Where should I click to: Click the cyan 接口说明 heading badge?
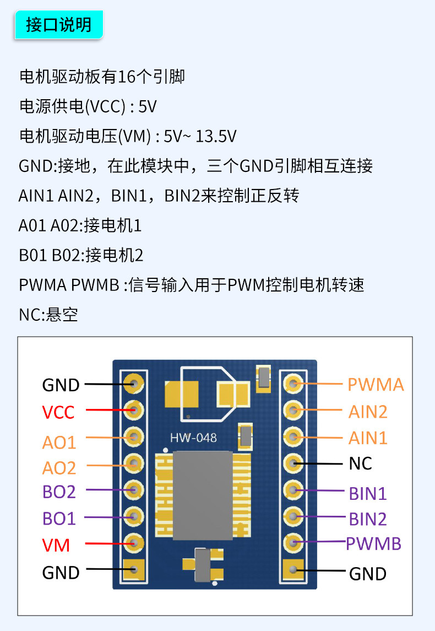59,25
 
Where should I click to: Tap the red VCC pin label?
58,412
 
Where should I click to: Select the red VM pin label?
56,546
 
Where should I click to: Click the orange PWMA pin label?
376,385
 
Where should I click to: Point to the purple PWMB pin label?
373,544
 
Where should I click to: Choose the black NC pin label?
360,463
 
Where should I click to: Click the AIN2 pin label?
368,412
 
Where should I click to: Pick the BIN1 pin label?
368,494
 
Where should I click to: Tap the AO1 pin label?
59,443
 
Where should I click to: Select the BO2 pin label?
59,492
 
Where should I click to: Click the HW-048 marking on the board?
193,438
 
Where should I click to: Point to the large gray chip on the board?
203,495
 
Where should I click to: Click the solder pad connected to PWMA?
293,384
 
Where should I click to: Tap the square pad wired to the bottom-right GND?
293,570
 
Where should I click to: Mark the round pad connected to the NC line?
293,463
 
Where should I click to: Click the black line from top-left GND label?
110,384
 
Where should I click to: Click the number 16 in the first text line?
127,77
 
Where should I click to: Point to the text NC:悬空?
48,315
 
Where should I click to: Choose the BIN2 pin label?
368,519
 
